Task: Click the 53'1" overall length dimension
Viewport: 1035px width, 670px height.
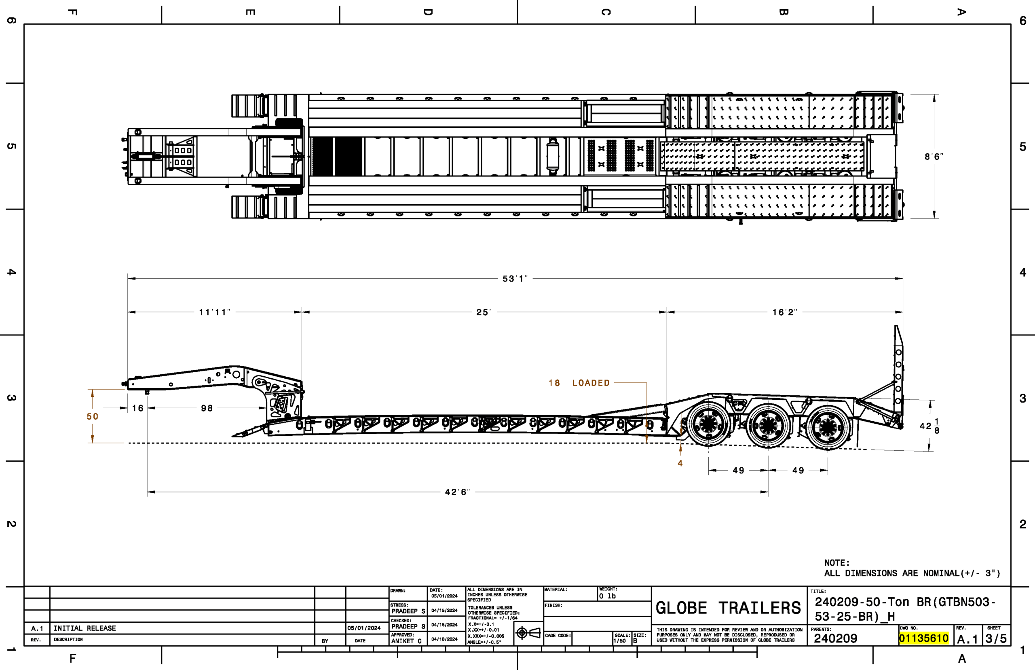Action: (x=515, y=278)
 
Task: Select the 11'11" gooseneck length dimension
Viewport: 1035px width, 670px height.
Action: (x=215, y=312)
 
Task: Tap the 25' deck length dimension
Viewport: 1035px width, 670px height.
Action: (x=484, y=312)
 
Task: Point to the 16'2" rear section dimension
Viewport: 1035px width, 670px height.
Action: (x=785, y=312)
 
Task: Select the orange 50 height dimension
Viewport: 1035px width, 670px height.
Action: (x=93, y=416)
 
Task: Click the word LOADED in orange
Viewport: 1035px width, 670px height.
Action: (x=591, y=383)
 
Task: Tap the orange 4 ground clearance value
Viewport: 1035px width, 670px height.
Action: (x=680, y=463)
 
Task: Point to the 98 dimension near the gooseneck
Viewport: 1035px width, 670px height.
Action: (x=207, y=408)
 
